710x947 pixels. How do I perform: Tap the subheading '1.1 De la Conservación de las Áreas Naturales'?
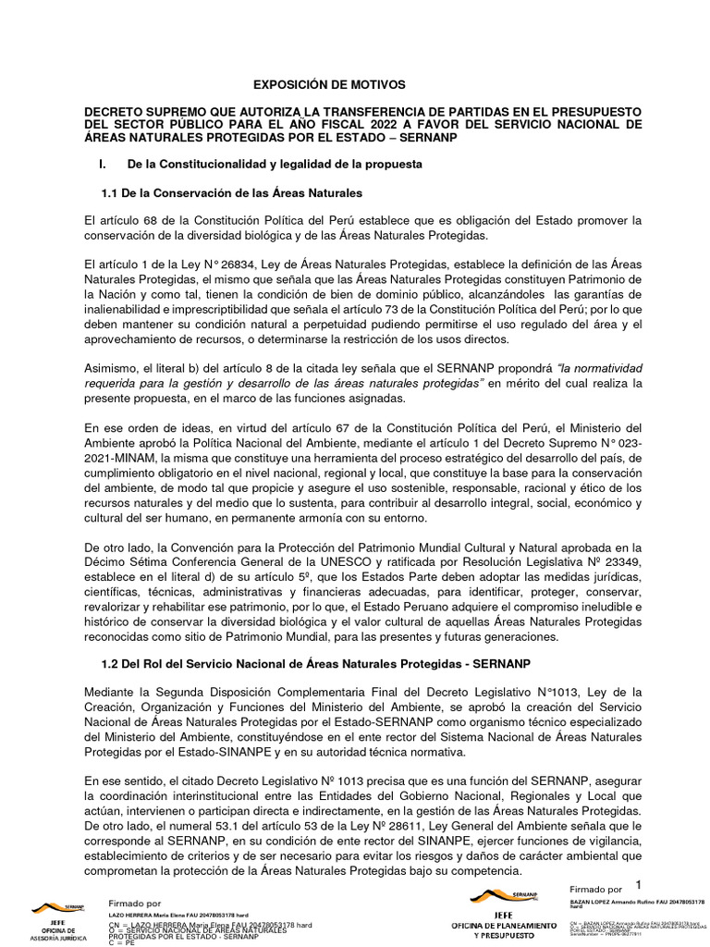[x=231, y=192]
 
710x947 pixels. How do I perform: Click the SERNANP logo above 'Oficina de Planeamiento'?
[x=504, y=895]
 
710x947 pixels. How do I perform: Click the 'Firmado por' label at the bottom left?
[x=135, y=904]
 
